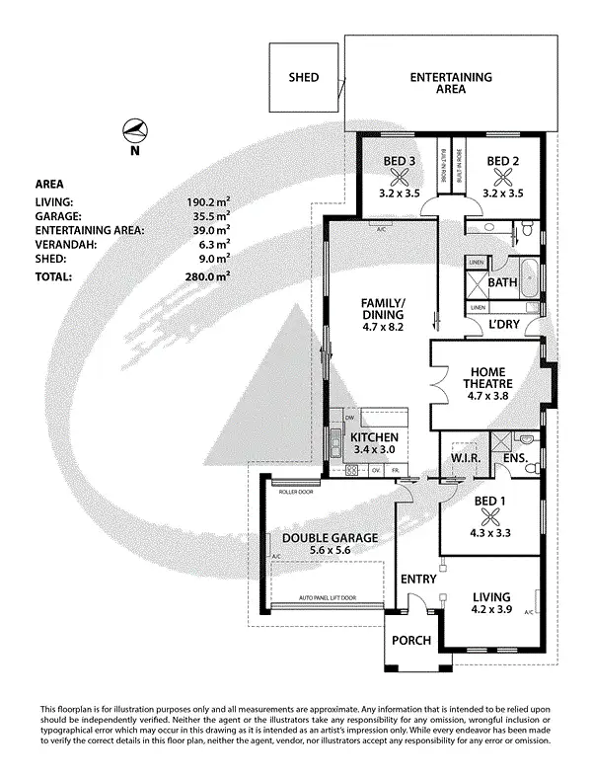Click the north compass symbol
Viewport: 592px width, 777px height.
point(136,132)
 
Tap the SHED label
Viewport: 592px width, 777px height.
point(303,77)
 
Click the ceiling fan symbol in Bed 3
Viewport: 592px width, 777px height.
point(400,178)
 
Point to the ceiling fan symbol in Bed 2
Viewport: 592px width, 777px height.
point(502,178)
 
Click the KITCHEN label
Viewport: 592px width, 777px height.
point(374,437)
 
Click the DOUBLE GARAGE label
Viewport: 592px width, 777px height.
point(330,538)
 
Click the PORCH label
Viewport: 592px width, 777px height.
point(411,641)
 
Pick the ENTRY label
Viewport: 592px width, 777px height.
point(417,580)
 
